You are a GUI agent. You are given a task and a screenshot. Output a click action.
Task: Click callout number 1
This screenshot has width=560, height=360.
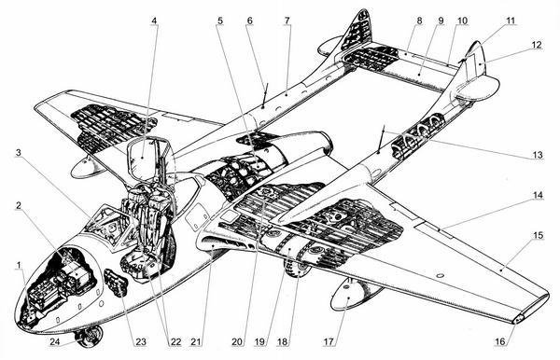[19, 266]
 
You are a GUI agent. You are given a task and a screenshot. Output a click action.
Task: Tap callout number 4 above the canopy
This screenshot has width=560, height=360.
[154, 21]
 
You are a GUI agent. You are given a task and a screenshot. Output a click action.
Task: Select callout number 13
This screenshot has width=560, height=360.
[538, 156]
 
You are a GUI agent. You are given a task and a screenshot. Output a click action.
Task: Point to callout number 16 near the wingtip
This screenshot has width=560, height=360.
[500, 341]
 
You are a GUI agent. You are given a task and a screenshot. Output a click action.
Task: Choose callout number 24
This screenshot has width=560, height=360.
[55, 341]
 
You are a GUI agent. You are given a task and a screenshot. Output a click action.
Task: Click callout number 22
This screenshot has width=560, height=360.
[175, 341]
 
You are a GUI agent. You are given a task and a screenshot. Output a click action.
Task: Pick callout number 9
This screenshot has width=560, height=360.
[441, 21]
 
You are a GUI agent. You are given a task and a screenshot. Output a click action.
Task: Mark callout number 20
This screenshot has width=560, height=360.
[237, 341]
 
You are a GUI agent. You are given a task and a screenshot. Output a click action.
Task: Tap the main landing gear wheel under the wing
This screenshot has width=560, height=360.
[297, 269]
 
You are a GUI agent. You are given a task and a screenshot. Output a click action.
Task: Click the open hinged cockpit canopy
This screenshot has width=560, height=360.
[149, 159]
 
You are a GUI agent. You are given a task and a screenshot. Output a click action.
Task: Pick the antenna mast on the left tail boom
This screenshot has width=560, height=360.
[264, 94]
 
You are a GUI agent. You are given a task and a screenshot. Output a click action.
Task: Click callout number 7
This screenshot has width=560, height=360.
[287, 21]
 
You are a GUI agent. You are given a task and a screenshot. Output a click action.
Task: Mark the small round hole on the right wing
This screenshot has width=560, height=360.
[440, 275]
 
